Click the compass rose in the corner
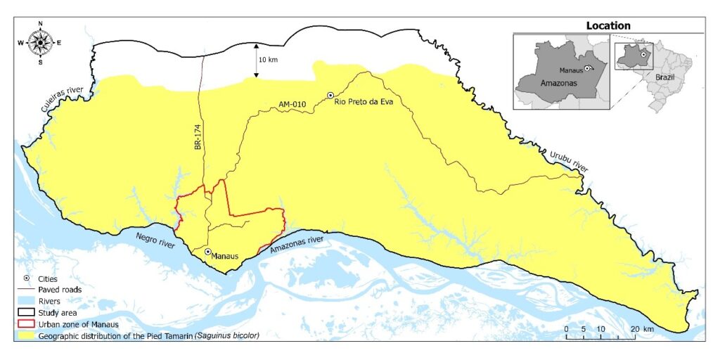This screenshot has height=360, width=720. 40,42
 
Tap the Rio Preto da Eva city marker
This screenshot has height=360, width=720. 330,95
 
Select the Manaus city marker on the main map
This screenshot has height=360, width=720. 207,251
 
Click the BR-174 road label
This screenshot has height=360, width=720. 198,136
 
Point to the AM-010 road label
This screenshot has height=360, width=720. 293,105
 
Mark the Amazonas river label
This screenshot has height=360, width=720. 297,243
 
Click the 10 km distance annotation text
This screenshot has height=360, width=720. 268,60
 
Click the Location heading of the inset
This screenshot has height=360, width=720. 608,26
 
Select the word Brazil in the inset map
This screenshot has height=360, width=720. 664,76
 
